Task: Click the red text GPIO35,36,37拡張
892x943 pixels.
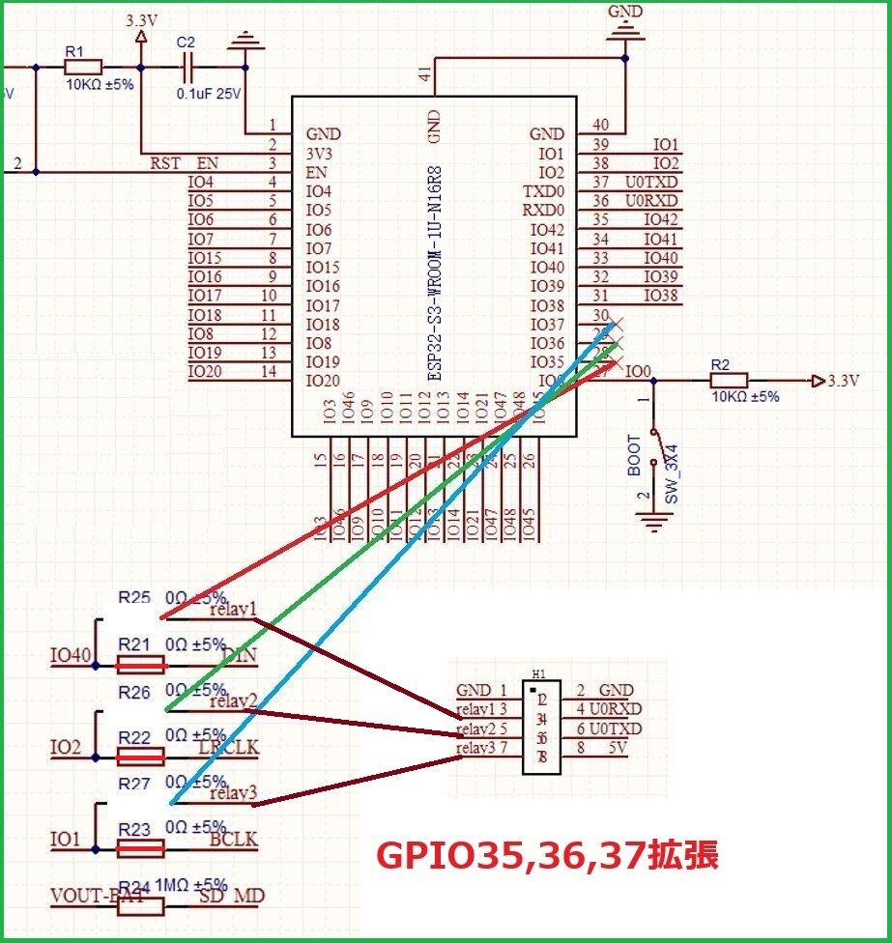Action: click(x=546, y=855)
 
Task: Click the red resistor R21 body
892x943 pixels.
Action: click(x=140, y=665)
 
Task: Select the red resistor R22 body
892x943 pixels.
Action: click(x=140, y=757)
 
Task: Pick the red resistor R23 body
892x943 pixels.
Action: click(x=140, y=848)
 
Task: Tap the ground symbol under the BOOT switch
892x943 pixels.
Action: click(x=656, y=522)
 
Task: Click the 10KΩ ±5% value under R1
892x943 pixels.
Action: click(x=100, y=84)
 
